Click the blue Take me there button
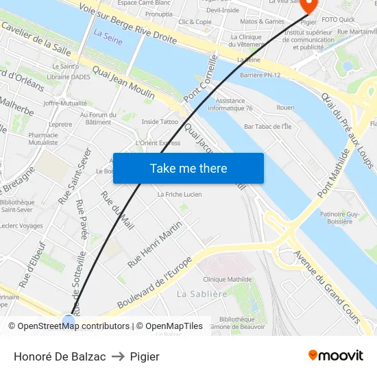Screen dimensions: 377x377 tap(188, 169)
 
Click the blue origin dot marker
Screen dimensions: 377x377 tap(69, 319)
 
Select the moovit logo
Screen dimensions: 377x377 tap(335, 356)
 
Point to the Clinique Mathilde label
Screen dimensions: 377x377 tap(228, 280)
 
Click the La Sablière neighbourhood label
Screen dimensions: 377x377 tap(202, 294)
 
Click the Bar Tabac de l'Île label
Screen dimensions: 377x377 tap(267, 126)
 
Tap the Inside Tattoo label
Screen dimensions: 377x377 tap(160, 121)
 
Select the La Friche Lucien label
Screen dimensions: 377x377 tap(180, 195)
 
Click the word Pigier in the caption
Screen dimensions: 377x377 tap(145, 356)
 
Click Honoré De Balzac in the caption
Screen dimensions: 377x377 tap(60, 356)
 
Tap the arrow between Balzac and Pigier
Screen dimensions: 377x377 tap(118, 356)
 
